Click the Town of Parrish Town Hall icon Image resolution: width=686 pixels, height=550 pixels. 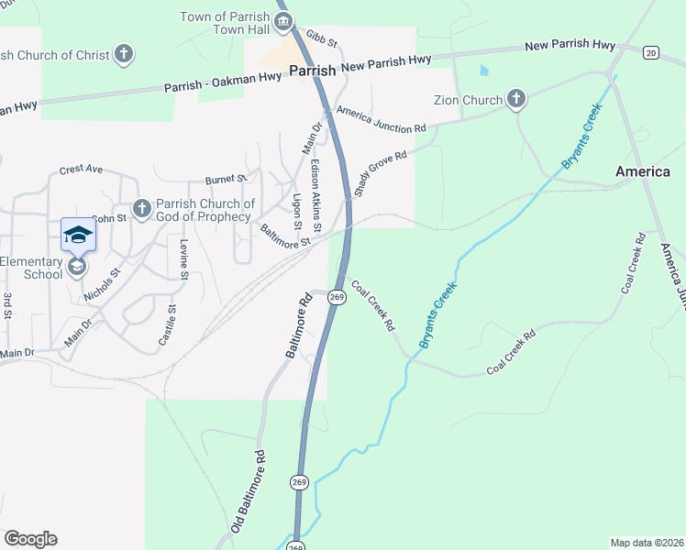282,22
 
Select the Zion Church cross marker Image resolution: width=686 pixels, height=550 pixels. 516,99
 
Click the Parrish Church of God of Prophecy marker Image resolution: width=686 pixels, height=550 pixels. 141,209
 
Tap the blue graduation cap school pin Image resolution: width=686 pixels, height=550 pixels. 78,236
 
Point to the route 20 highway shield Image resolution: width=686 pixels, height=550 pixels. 650,52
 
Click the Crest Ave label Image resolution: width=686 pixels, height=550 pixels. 81,170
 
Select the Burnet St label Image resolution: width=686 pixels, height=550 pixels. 227,179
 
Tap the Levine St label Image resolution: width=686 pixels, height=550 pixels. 184,258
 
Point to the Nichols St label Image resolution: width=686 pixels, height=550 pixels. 102,285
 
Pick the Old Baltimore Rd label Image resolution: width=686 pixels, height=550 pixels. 248,492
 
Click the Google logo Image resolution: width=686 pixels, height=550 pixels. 30,539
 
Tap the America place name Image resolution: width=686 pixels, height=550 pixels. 643,172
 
